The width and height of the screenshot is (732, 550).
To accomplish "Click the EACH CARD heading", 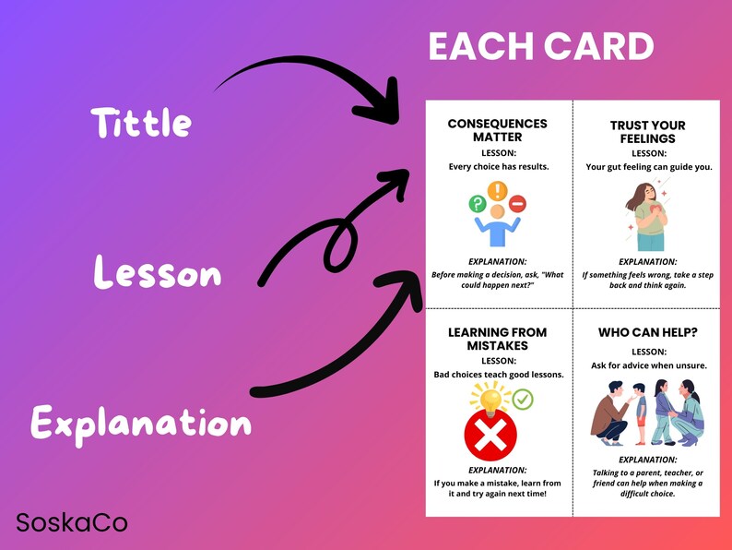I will point(541,47).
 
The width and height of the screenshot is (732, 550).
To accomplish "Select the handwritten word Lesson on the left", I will point(158,273).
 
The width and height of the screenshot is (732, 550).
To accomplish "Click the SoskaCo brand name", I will point(72,523).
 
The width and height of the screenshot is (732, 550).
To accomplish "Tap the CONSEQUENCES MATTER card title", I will point(497,130).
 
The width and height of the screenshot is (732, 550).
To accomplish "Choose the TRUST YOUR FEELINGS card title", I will point(648,132).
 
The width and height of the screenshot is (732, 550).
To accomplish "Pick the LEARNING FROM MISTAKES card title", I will point(497,339).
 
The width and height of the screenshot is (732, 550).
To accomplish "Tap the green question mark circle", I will point(478,204).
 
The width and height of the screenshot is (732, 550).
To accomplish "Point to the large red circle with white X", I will point(490,436).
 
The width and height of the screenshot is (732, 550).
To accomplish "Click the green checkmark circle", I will point(523,400).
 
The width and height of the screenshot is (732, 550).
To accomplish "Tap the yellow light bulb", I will point(490,398).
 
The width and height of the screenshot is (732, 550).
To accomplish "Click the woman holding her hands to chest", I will point(648,216).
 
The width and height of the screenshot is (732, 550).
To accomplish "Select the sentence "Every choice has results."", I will point(498,167).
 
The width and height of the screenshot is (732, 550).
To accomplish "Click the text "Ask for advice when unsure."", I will point(648,365).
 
